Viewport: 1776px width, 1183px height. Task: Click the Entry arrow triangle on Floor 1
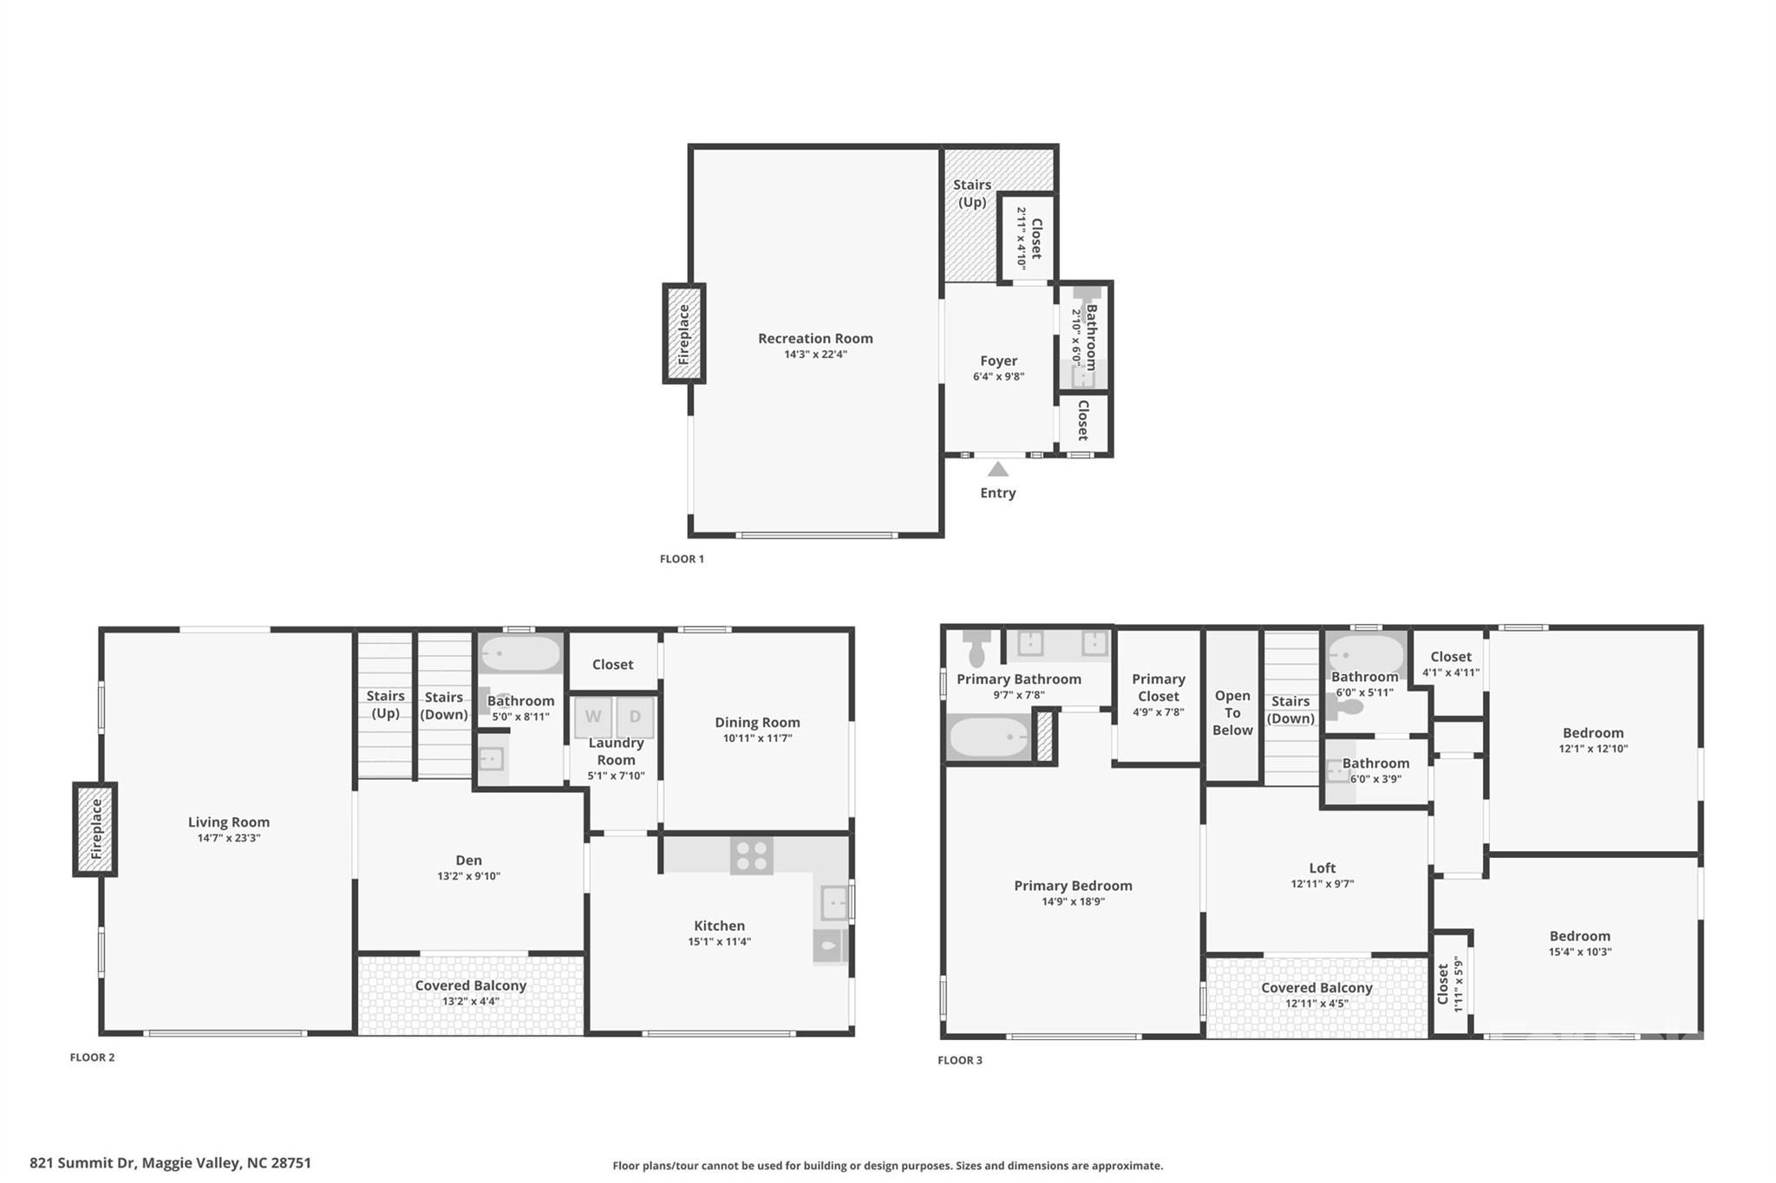[x=998, y=470]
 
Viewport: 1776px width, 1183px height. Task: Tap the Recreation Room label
[x=815, y=338]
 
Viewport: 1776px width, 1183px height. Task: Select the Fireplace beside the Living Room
[x=95, y=829]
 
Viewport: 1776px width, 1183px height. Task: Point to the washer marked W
[x=593, y=717]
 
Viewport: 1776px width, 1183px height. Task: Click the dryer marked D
[x=635, y=717]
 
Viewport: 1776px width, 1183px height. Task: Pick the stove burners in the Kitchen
[x=752, y=855]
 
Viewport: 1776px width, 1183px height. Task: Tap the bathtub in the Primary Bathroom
[x=989, y=738]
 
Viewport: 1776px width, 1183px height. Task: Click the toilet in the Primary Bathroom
[x=976, y=646]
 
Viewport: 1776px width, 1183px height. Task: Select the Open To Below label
[x=1232, y=712]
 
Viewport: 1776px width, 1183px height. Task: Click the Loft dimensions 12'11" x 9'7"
[x=1322, y=884]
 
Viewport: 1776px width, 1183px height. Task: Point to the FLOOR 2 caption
[x=92, y=1057]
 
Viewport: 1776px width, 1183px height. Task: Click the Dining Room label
[x=757, y=722]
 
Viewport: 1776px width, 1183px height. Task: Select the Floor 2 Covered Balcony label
[x=470, y=985]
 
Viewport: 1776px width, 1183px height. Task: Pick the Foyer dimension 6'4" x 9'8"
[x=998, y=377]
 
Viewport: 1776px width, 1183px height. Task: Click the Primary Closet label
[x=1159, y=687]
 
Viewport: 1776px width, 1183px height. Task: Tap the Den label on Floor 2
[x=468, y=860]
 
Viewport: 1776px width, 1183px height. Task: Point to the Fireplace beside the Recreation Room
[x=684, y=334]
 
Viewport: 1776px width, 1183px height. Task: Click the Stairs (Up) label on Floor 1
[x=972, y=193]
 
